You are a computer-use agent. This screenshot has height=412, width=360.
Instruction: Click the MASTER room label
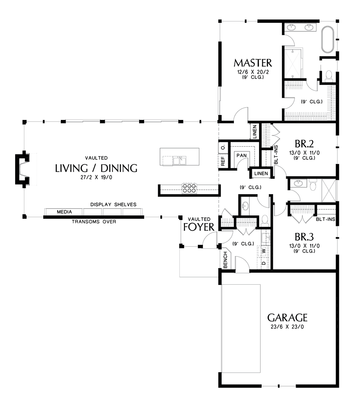252,63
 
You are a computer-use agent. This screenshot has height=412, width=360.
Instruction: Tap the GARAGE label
287,318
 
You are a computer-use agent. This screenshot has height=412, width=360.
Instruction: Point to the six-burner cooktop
189,188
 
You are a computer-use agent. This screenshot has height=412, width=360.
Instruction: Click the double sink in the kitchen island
179,161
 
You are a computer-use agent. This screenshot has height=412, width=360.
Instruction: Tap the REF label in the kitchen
223,161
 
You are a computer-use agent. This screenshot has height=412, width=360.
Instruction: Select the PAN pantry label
241,156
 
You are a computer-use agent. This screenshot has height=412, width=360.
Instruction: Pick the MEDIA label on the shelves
64,212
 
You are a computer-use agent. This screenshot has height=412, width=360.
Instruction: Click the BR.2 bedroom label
304,144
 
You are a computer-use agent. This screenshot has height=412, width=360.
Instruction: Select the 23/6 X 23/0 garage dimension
287,327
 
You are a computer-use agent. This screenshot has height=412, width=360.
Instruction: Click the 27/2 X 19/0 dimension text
96,178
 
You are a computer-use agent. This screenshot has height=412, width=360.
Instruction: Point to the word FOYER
199,227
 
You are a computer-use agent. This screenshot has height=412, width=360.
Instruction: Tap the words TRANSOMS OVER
94,222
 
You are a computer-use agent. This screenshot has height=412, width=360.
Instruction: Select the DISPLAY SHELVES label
113,204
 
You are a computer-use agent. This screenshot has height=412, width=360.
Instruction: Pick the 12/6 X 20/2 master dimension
252,72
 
